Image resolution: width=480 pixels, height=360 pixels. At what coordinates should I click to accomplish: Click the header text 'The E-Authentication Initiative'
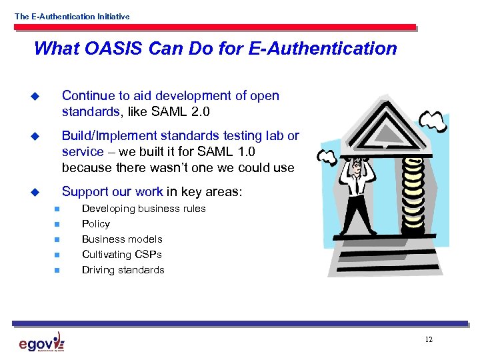pos(72,17)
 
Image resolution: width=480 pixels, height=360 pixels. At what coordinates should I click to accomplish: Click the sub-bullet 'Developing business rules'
pos(143,209)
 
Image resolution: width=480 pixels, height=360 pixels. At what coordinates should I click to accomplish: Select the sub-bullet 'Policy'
pos(95,224)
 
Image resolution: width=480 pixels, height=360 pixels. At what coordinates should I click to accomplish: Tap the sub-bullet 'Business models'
pos(122,239)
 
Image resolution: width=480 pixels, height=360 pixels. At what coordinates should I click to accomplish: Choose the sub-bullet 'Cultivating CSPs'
pos(121,255)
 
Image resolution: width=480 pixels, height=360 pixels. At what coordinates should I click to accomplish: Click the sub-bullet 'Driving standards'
pos(123,270)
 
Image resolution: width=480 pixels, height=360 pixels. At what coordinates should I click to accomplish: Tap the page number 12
pos(428,340)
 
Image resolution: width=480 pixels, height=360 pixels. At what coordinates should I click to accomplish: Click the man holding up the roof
pos(357,193)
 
